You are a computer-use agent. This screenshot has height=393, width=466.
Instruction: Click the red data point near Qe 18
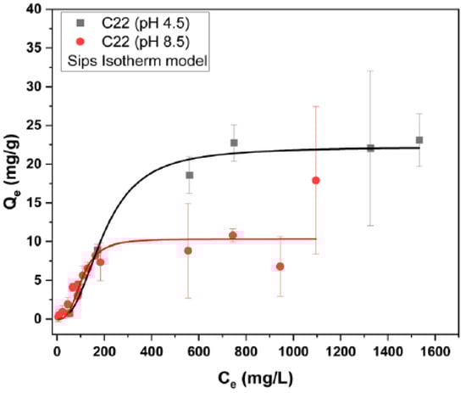pos(315,180)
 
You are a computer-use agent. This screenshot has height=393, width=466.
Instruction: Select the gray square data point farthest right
pos(419,140)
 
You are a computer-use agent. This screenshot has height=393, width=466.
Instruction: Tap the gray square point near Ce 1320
pos(370,148)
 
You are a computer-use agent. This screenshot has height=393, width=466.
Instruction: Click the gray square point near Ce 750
pos(234,143)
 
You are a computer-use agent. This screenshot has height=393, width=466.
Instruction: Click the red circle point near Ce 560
pos(188,250)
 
